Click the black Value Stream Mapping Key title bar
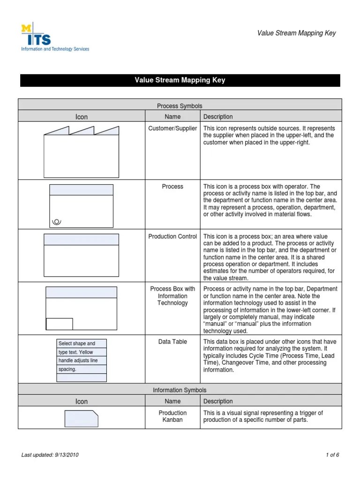tap(180, 80)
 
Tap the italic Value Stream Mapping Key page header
tap(296, 33)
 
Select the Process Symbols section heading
tap(180, 106)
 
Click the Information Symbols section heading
tap(180, 390)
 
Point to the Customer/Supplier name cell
tap(172, 128)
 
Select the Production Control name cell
tap(172, 237)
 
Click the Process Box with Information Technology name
tap(172, 296)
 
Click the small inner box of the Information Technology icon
tap(59, 324)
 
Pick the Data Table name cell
tap(172, 342)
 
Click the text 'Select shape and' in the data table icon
tap(76, 344)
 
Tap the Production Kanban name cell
tap(172, 416)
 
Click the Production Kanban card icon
tap(81, 419)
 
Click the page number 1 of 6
tap(332, 455)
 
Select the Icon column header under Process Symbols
tap(82, 117)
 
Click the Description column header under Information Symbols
tap(218, 401)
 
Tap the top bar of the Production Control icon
tap(81, 240)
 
